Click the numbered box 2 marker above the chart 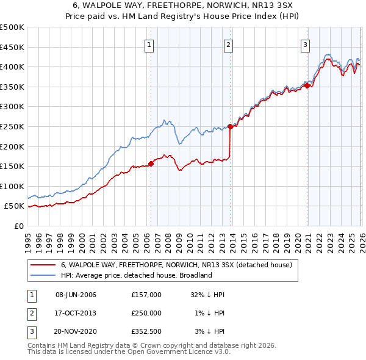[228, 44]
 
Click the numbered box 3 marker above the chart [305, 44]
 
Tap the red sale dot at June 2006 [151, 164]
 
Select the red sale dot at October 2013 [230, 127]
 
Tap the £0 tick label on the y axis [18, 226]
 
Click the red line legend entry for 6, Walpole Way [177, 265]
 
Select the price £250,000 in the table [146, 313]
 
